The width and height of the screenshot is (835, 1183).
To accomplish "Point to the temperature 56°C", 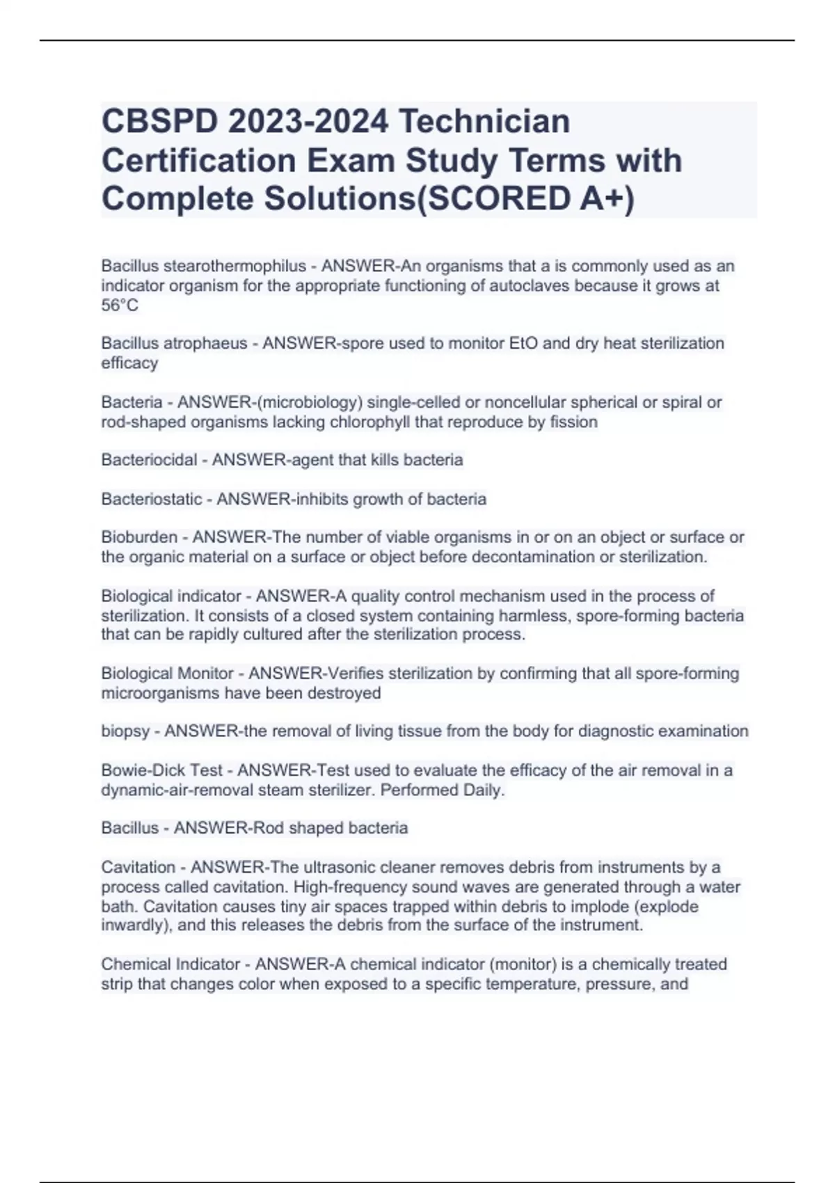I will [120, 305].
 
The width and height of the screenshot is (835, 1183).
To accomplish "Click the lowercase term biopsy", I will [125, 731].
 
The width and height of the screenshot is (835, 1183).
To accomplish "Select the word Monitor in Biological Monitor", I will [206, 674].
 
